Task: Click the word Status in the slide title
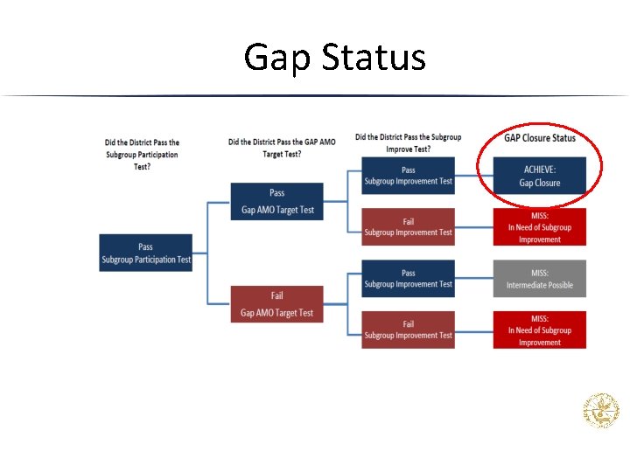[x=374, y=58]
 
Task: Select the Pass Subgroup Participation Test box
[x=146, y=253]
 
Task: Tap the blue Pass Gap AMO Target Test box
[x=277, y=201]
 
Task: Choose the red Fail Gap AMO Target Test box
[x=277, y=304]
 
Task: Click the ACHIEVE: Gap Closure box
[x=539, y=176]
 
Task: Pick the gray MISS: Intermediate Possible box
[x=539, y=279]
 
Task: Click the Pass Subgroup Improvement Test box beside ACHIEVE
[x=408, y=176]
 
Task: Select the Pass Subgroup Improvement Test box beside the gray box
[x=408, y=279]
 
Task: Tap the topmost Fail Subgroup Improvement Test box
[x=408, y=227]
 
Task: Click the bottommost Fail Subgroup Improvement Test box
[x=408, y=330]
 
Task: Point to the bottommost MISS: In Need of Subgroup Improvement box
[x=539, y=330]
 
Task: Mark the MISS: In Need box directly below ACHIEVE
[x=539, y=227]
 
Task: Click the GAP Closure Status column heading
[x=540, y=138]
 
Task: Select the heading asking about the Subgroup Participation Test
[x=142, y=154]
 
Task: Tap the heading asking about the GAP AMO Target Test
[x=281, y=147]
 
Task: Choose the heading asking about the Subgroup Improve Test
[x=408, y=142]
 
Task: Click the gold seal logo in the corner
[x=601, y=411]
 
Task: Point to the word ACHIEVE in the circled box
[x=539, y=170]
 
